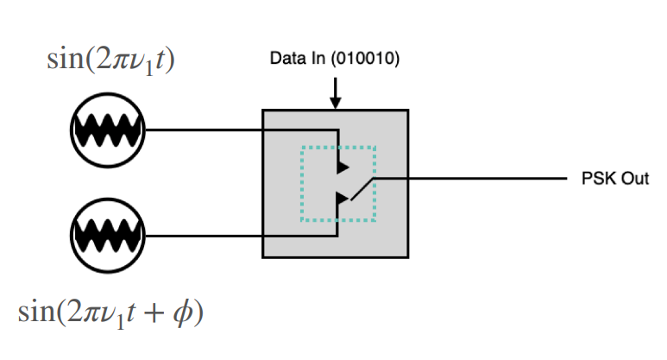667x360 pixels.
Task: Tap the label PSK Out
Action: [x=615, y=180]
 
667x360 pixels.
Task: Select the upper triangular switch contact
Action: [x=343, y=164]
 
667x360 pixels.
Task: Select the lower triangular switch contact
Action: [x=343, y=199]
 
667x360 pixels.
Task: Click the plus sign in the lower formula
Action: [x=154, y=313]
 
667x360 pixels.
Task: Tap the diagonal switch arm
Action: [x=361, y=188]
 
